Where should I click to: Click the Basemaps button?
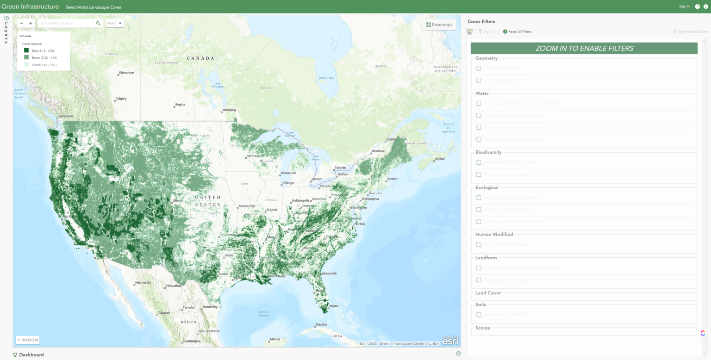(439, 25)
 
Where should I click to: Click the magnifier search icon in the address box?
(98, 23)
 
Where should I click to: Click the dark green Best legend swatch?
(26, 50)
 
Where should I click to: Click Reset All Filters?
(520, 31)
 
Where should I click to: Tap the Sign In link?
(684, 6)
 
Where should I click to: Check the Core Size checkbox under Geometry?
(479, 68)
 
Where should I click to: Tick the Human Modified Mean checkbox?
(479, 245)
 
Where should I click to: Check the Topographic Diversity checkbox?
(479, 280)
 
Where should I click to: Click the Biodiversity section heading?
(488, 152)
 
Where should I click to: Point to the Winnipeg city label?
(229, 110)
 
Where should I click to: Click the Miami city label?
(334, 306)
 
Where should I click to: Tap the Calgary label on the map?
(121, 99)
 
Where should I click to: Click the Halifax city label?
(440, 159)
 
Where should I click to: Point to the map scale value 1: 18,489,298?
(28, 340)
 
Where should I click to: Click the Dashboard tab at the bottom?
(31, 355)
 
